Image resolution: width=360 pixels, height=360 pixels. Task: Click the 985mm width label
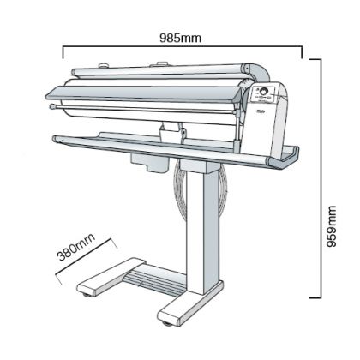pyautogui.click(x=180, y=38)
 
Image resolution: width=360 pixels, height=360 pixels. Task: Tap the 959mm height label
pyautogui.click(x=332, y=226)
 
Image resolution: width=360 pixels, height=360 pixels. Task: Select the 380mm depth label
pyautogui.click(x=76, y=247)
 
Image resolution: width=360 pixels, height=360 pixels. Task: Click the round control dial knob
pyautogui.click(x=263, y=92)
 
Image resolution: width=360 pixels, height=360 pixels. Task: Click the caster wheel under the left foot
pyautogui.click(x=87, y=294)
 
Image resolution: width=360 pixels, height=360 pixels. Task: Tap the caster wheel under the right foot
pyautogui.click(x=166, y=323)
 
